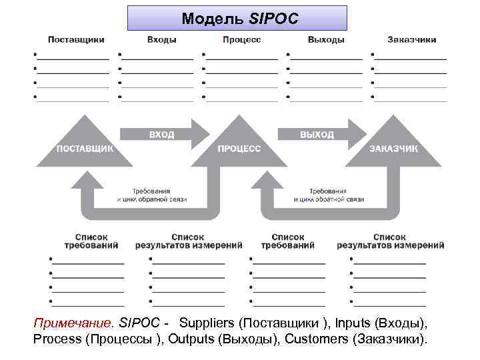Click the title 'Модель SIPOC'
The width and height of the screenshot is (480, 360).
237,18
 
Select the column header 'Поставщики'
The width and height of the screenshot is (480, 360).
76,40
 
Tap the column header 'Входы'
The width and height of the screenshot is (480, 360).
161,40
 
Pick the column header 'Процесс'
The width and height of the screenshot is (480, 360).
242,40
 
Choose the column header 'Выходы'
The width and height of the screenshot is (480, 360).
326,40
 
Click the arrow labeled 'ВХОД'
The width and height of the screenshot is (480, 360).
162,135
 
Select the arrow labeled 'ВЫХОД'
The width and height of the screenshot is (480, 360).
317,135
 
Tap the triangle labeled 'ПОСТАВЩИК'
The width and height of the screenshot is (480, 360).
85,148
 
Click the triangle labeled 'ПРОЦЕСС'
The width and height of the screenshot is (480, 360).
239,148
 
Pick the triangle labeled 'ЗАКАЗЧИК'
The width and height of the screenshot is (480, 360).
393,148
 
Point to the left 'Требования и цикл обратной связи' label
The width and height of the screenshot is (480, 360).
151,195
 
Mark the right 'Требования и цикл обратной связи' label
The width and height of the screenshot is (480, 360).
328,195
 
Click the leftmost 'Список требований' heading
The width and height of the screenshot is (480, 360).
96,241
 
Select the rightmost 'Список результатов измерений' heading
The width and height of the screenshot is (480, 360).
390,241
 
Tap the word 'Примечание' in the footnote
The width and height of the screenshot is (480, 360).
74,323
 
